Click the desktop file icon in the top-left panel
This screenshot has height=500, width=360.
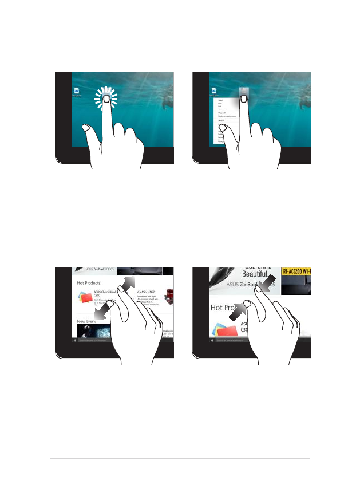tap(76, 91)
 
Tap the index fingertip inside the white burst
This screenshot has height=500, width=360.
tap(106, 99)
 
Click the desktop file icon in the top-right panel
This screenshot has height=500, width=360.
tap(214, 91)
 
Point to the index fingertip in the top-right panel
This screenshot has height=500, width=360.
tap(244, 99)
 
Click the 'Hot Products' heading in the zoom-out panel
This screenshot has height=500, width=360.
tap(89, 283)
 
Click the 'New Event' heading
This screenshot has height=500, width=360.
tap(86, 322)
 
